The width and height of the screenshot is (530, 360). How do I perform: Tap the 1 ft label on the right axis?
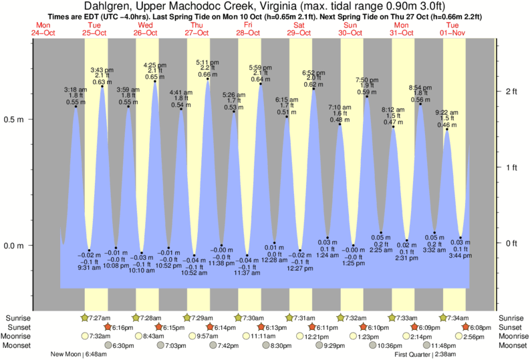[x=511, y=166]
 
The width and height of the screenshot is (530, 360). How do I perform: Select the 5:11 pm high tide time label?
[x=207, y=62]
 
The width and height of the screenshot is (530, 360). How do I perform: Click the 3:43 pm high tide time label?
[x=102, y=69]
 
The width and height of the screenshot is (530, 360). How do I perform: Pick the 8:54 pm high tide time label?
[x=421, y=87]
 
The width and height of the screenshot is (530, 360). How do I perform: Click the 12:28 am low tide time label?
[x=275, y=260]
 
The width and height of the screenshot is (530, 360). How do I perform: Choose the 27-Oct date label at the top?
[x=196, y=32]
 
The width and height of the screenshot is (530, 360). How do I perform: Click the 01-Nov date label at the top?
[x=453, y=32]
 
